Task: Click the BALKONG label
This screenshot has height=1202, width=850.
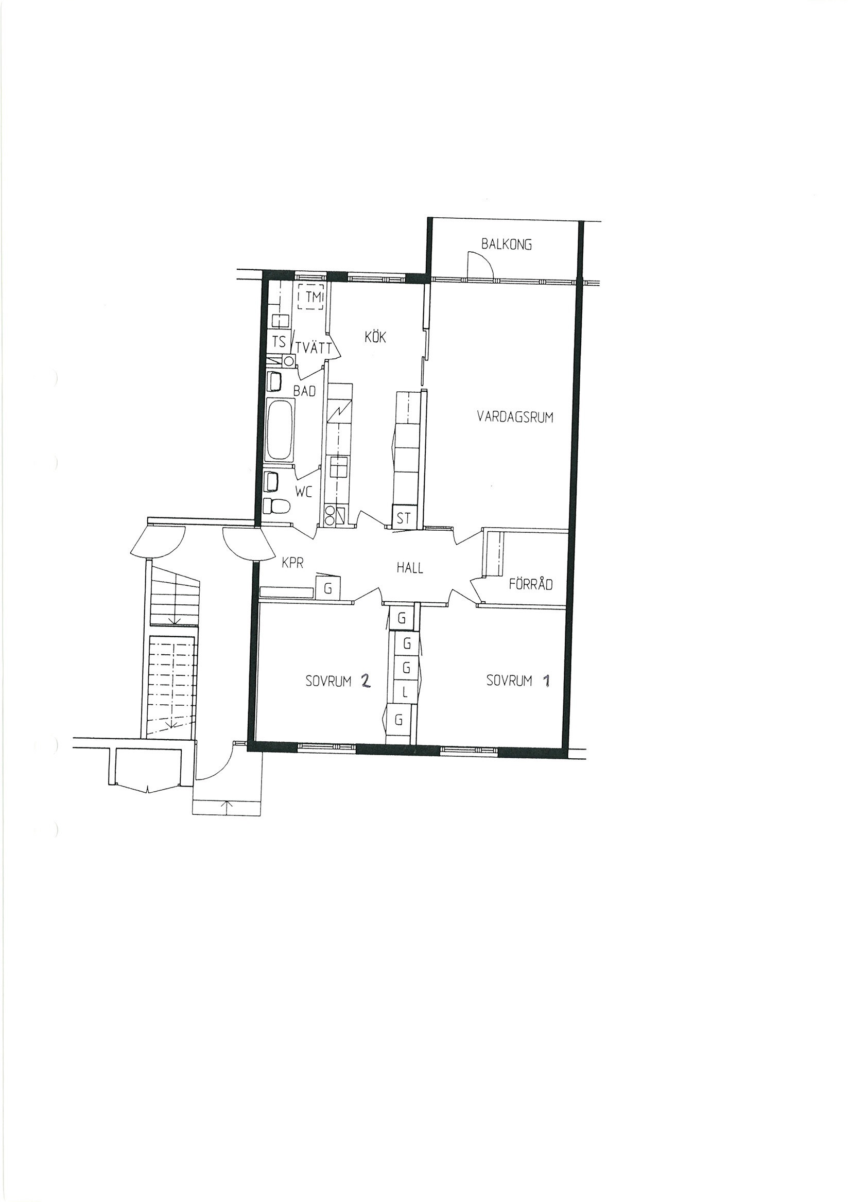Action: click(x=507, y=244)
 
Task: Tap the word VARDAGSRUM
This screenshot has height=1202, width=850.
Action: click(x=515, y=417)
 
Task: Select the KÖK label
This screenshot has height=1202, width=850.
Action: click(x=375, y=337)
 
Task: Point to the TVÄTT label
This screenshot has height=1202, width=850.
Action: click(x=313, y=347)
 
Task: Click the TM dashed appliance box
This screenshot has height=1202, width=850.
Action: click(x=311, y=298)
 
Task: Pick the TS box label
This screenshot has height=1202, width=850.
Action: click(x=279, y=342)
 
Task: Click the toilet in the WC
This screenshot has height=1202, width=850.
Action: click(x=277, y=506)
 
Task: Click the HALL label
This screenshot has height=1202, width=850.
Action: click(x=410, y=567)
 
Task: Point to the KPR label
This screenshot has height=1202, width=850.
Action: click(x=292, y=563)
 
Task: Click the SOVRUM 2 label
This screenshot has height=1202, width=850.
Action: click(x=338, y=681)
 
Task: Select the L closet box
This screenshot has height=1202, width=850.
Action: click(x=404, y=693)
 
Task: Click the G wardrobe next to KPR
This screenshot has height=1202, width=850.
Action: click(x=328, y=588)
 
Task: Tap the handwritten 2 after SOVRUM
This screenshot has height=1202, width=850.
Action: click(x=365, y=681)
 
